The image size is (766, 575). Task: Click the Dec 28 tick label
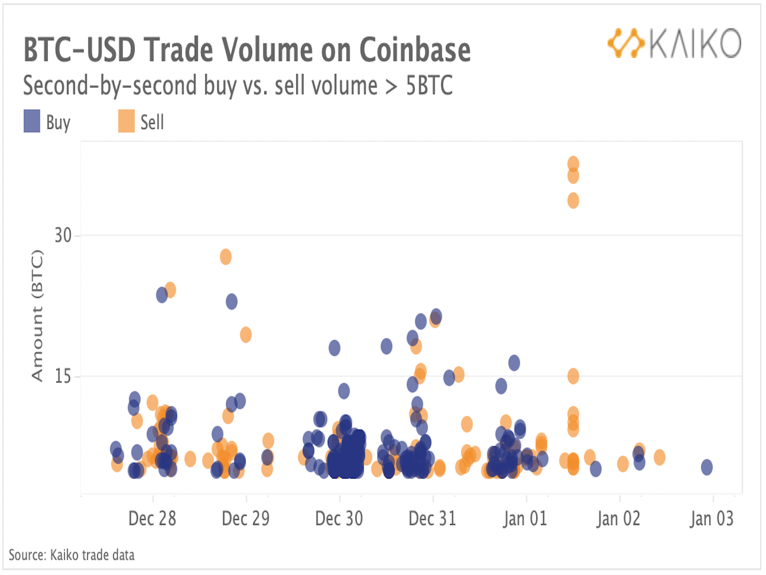[152, 518]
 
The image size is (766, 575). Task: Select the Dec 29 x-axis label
[246, 518]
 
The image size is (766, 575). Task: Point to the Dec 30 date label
[339, 518]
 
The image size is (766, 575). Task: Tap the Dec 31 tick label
[432, 518]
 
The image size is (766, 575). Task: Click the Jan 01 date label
[526, 518]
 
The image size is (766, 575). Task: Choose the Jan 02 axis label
[619, 518]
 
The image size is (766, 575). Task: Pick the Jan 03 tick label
[712, 518]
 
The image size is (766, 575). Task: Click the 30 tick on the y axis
[63, 235]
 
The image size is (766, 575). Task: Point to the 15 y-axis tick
[63, 376]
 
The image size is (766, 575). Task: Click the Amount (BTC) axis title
[37, 315]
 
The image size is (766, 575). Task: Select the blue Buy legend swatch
[32, 121]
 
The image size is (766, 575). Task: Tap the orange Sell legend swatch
[126, 121]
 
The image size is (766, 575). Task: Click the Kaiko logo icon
[626, 43]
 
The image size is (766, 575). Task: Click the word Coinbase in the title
[415, 50]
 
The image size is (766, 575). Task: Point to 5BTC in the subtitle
[429, 86]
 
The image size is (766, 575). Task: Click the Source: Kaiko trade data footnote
[72, 555]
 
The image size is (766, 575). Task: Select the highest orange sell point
[573, 163]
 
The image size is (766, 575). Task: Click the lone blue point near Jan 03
[706, 467]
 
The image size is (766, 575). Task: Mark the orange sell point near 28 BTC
[226, 257]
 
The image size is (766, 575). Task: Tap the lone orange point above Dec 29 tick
[245, 334]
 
